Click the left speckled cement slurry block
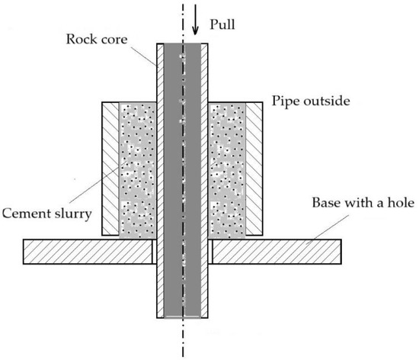[138, 172]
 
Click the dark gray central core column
[182, 191]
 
